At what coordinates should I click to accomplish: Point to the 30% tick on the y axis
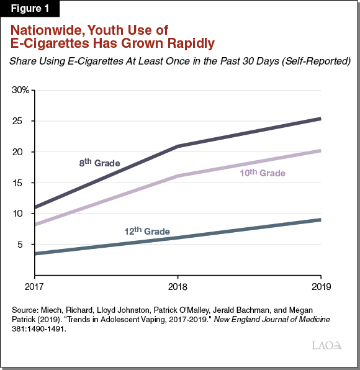[x=20, y=91]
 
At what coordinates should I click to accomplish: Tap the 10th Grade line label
[x=262, y=173]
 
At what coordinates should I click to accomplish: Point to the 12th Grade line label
[x=146, y=231]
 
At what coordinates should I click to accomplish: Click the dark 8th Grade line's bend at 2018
[x=178, y=147]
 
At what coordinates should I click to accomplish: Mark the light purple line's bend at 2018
[x=178, y=176]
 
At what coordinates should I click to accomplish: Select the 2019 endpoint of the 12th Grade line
[x=320, y=220]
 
